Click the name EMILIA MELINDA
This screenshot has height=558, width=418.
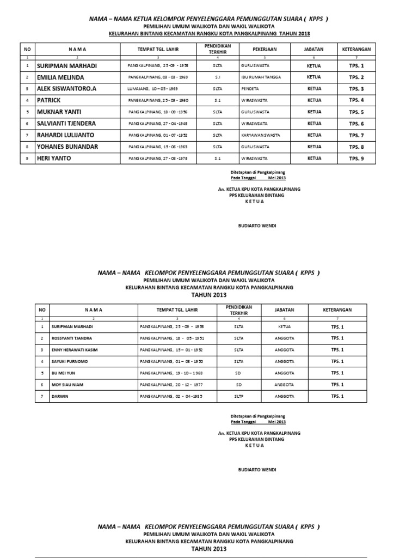[x=60, y=77]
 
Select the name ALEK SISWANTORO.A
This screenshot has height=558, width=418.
[x=66, y=89]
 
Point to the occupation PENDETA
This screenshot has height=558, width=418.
[x=249, y=89]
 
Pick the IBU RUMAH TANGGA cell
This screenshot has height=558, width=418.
[x=261, y=77]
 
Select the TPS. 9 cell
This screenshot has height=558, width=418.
[x=356, y=158]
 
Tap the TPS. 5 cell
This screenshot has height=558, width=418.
[x=356, y=112]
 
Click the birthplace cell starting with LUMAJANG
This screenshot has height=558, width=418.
[x=155, y=89]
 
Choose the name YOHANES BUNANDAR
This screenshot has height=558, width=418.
[x=67, y=147]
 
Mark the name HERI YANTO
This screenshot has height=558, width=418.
[x=53, y=158]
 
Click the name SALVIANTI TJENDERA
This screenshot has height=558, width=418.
[x=67, y=124]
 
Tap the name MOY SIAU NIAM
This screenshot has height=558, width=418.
[x=68, y=385]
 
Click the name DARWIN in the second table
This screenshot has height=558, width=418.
[x=60, y=396]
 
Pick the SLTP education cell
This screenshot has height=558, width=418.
[x=239, y=396]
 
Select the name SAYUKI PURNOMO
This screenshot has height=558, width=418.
[x=70, y=361]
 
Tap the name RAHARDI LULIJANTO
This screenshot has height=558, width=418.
[x=65, y=135]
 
